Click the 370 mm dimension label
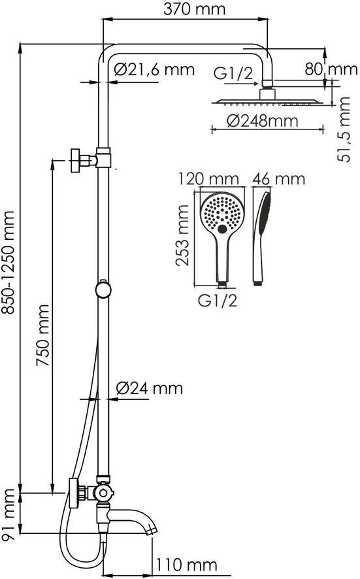pyautogui.click(x=194, y=9)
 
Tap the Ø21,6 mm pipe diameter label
pyautogui.click(x=154, y=69)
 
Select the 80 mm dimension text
pyautogui.click(x=331, y=69)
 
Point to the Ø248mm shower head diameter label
pyautogui.click(x=262, y=121)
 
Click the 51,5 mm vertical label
pyautogui.click(x=344, y=129)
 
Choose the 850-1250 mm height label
pyautogui.click(x=8, y=263)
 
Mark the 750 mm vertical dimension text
pyautogui.click(x=43, y=335)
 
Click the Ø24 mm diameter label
pyautogui.click(x=150, y=388)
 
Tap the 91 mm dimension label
pyautogui.click(x=8, y=514)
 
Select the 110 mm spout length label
pyautogui.click(x=186, y=565)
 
